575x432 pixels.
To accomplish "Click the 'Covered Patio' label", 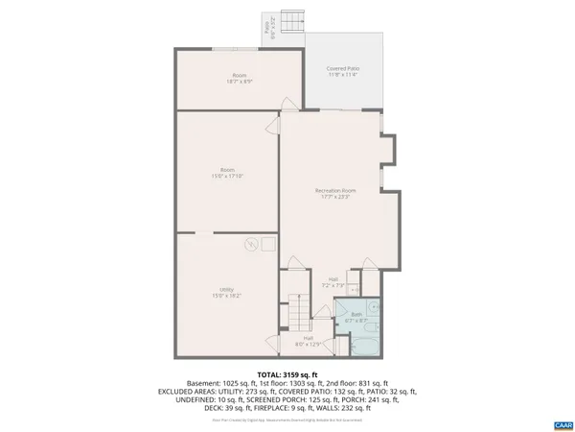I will (x=342, y=69).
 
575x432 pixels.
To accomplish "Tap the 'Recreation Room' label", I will (x=335, y=191).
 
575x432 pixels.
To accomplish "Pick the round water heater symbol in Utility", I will (x=251, y=244).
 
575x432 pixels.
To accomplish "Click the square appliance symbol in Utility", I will (x=268, y=244).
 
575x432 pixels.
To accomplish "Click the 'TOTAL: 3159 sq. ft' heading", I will (x=287, y=374).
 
